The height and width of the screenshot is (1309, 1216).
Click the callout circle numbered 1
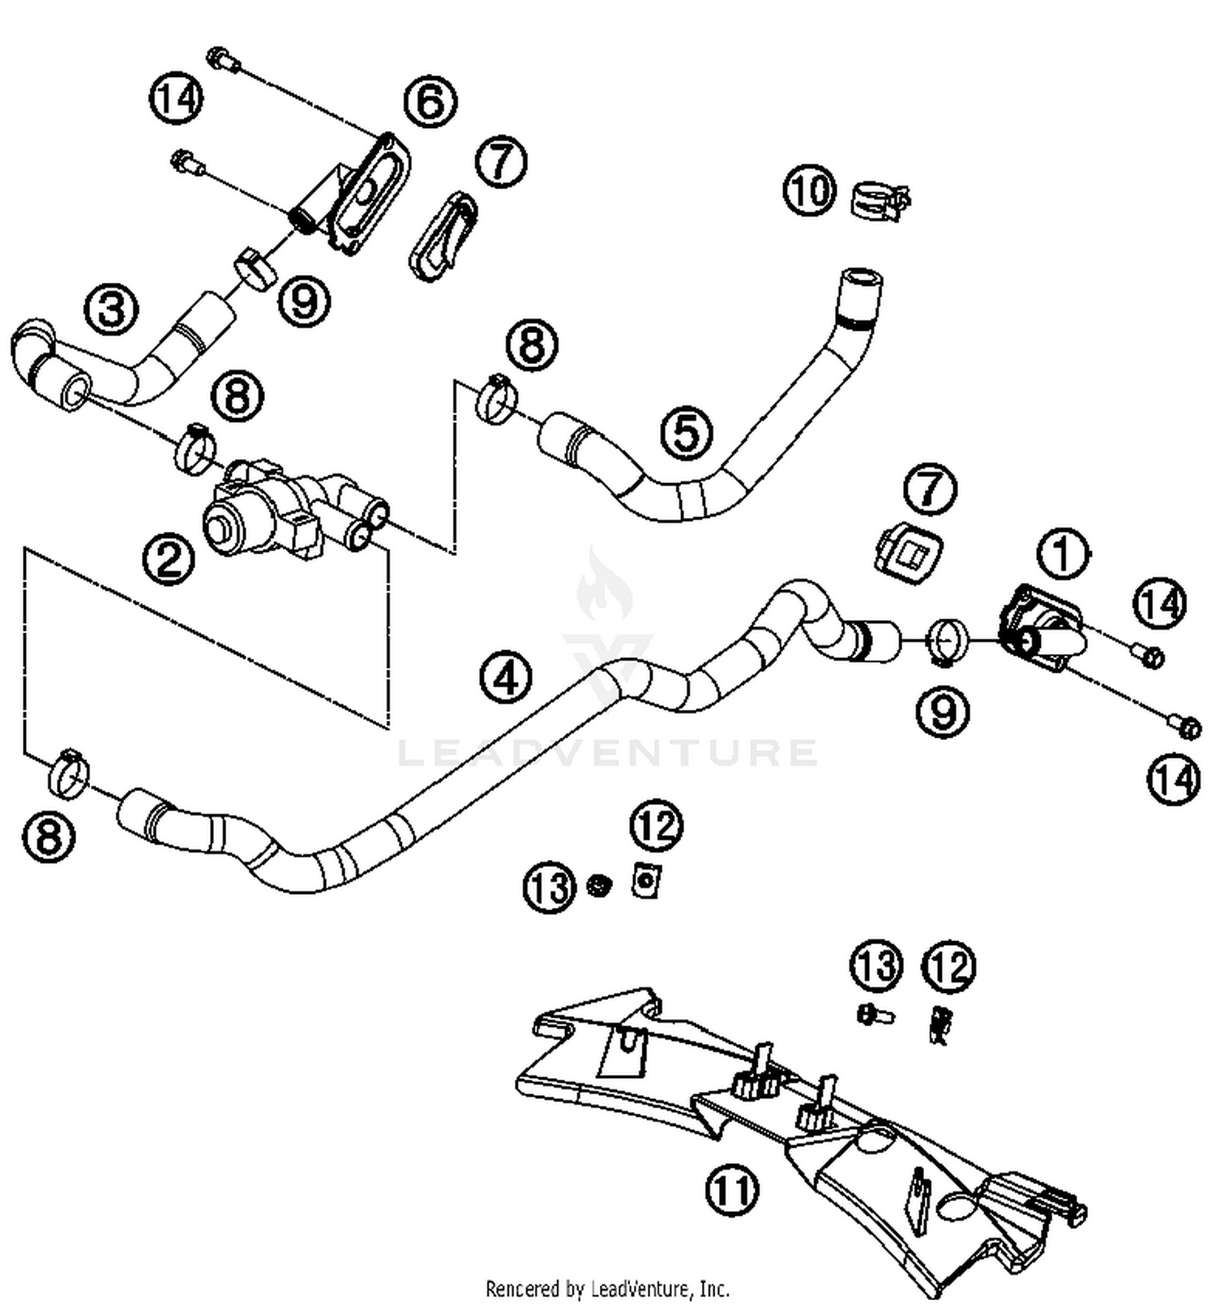(1063, 554)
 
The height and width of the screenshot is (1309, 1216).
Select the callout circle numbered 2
(169, 559)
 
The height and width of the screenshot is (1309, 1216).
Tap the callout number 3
(112, 309)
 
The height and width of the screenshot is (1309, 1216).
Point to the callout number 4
(506, 678)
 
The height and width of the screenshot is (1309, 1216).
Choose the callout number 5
(686, 432)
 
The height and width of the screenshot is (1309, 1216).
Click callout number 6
(430, 103)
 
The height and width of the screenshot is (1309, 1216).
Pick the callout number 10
(808, 191)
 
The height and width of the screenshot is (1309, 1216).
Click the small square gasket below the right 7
(908, 555)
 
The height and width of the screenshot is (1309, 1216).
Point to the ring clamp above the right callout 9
(946, 640)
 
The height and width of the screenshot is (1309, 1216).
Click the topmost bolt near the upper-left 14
(221, 59)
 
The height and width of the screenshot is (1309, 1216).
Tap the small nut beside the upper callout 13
(598, 885)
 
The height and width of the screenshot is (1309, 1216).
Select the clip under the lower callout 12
(940, 1025)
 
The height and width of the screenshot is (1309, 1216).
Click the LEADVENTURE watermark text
(608, 752)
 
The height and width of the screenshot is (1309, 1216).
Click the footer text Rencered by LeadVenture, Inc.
(607, 1289)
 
